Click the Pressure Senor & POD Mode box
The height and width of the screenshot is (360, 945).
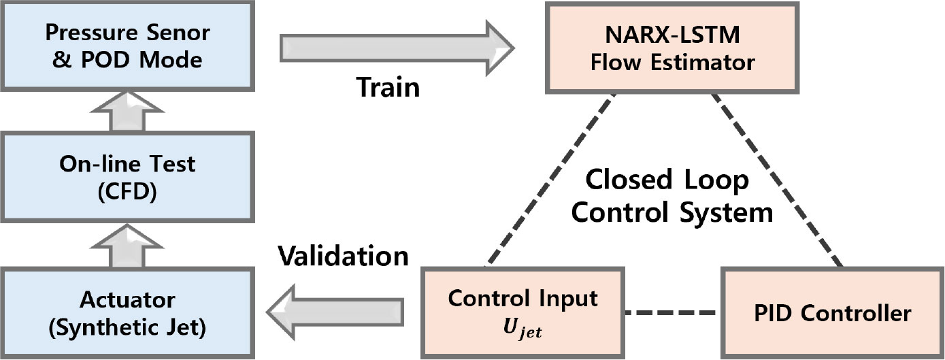click(x=127, y=46)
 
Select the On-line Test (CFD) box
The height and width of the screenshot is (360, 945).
click(x=127, y=177)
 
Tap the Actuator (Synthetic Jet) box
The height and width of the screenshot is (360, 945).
click(x=127, y=313)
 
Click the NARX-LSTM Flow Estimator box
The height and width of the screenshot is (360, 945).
click(x=672, y=49)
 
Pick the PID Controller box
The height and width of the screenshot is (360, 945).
click(x=831, y=313)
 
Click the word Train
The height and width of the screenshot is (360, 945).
click(x=388, y=87)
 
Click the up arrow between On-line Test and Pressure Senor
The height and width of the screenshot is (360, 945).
click(x=127, y=110)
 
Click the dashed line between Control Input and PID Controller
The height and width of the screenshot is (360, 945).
click(x=672, y=314)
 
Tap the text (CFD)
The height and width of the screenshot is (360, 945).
click(x=127, y=192)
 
